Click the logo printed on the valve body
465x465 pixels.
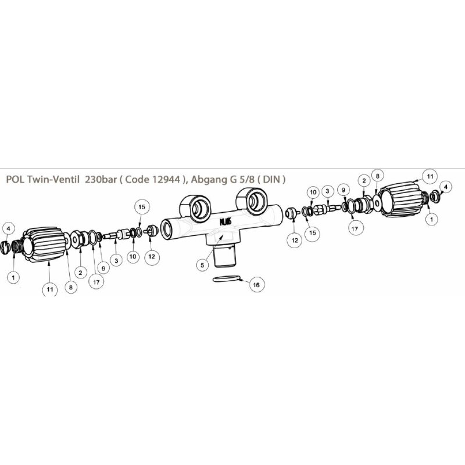point(226,221)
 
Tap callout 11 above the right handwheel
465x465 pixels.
point(431,175)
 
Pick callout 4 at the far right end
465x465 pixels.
point(445,186)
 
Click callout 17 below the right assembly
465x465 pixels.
point(353,228)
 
